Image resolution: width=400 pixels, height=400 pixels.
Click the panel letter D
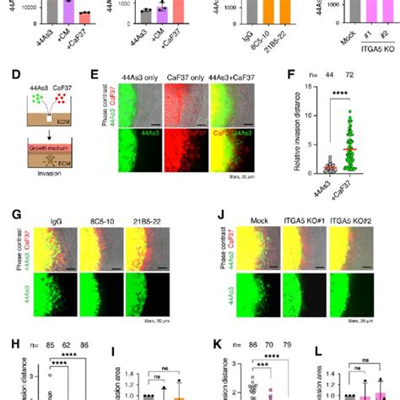pyautogui.click(x=8, y=75)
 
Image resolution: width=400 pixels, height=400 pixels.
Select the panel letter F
pyautogui.click(x=292, y=74)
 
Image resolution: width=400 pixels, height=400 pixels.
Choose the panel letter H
pyautogui.click(x=8, y=343)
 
